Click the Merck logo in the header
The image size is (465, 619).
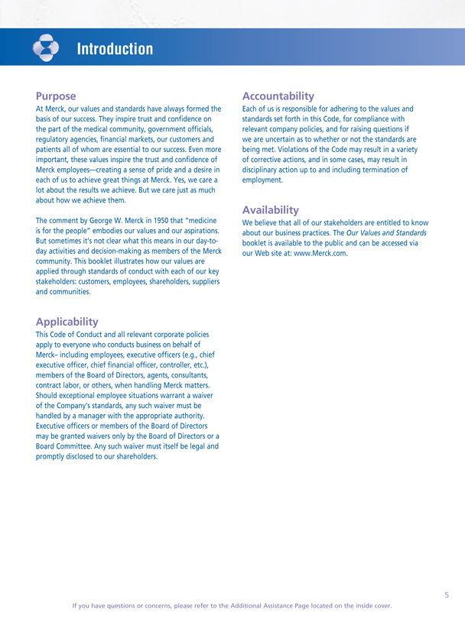[46, 48]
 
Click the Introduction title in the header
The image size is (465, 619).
[115, 50]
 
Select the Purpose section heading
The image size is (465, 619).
[56, 96]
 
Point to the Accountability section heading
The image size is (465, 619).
[278, 96]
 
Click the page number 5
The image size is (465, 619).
[447, 593]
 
